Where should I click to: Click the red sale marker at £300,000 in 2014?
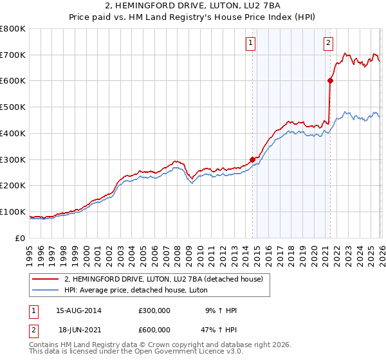252,159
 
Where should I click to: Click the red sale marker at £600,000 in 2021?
330,80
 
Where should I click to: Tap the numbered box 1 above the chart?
250,43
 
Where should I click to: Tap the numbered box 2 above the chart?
328,43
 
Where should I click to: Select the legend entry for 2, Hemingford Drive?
163,279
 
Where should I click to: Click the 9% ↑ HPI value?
221,310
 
